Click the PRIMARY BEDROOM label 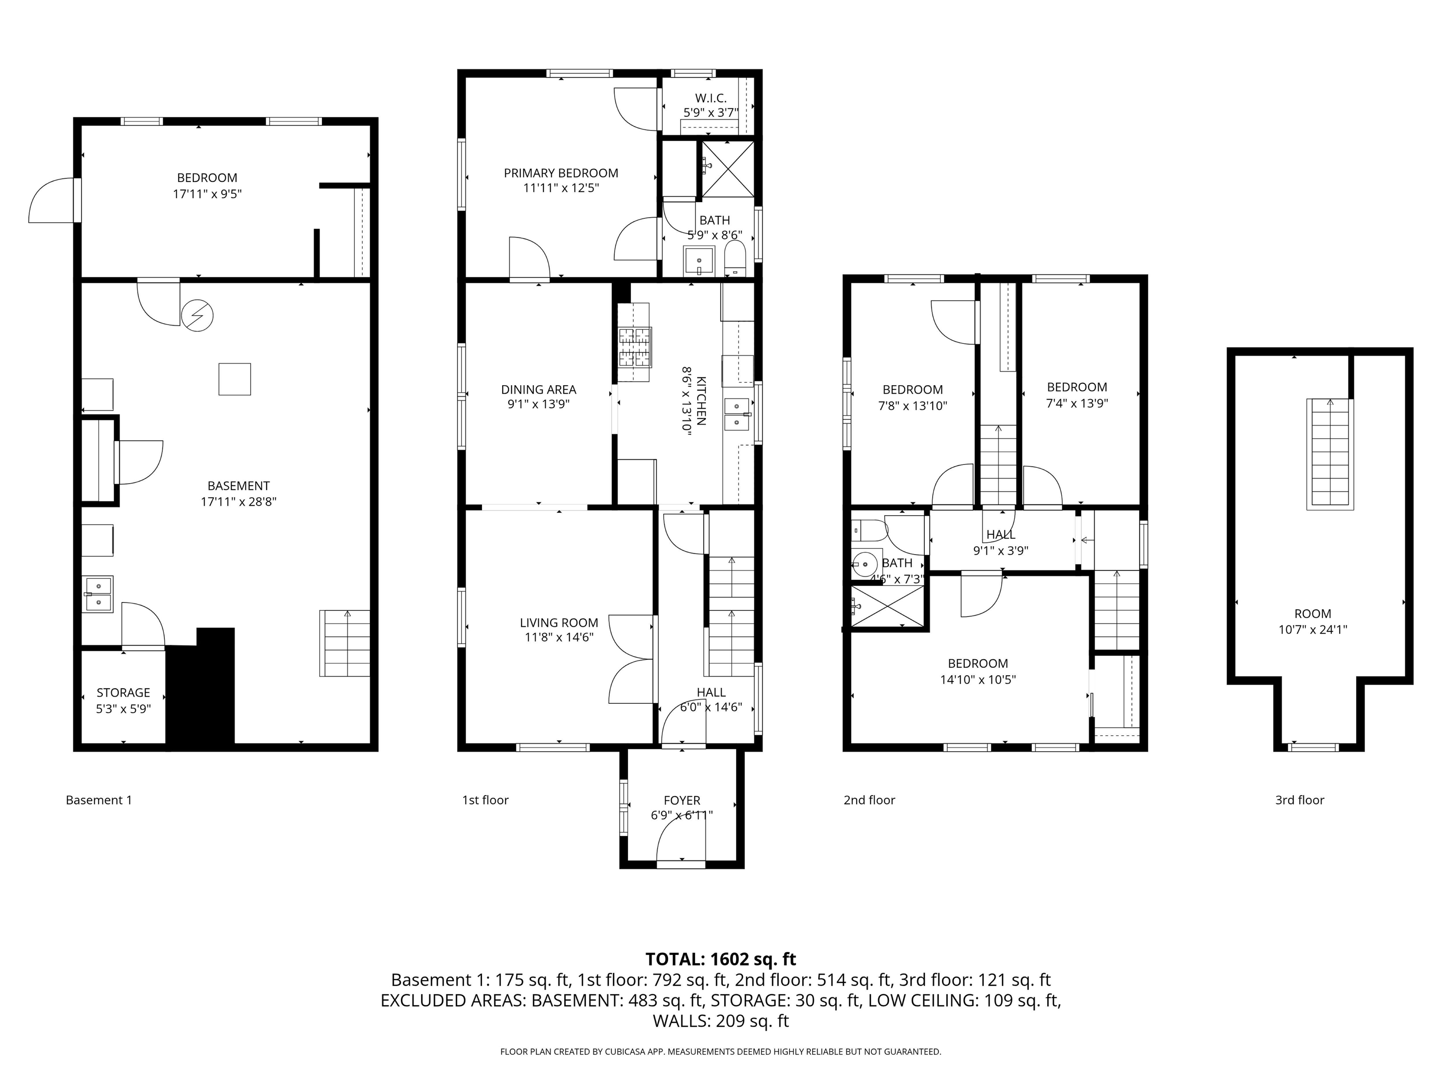tap(560, 173)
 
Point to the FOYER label tap(682, 800)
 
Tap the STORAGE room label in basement tap(123, 693)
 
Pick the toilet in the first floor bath tap(735, 259)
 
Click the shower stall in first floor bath tap(728, 169)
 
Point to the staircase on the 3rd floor tap(1330, 454)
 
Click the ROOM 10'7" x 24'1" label tap(1312, 622)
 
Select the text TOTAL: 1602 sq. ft tap(721, 959)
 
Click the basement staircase tap(345, 643)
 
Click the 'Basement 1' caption tap(99, 800)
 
